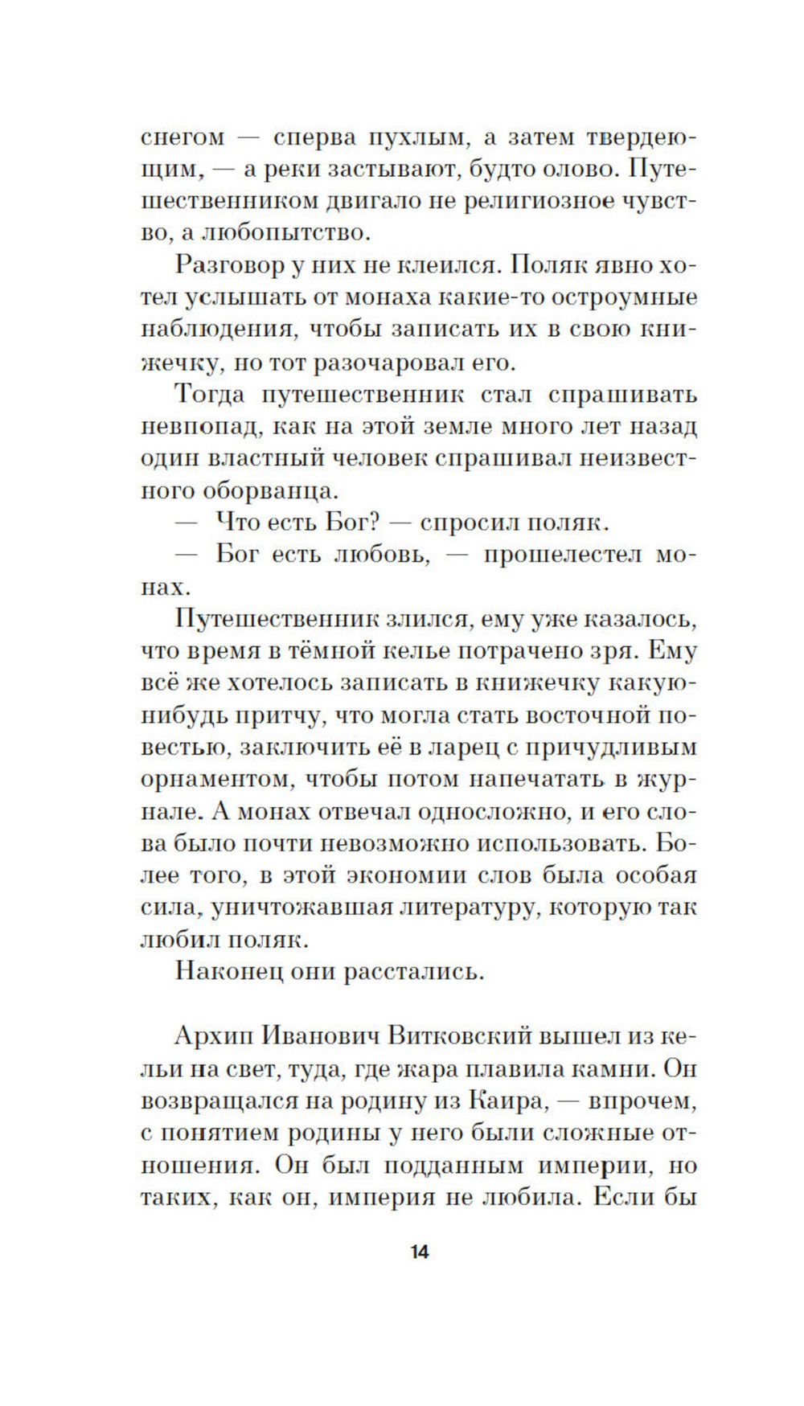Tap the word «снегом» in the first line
[183, 137]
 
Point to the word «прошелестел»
[562, 555]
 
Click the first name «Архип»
[215, 1037]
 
